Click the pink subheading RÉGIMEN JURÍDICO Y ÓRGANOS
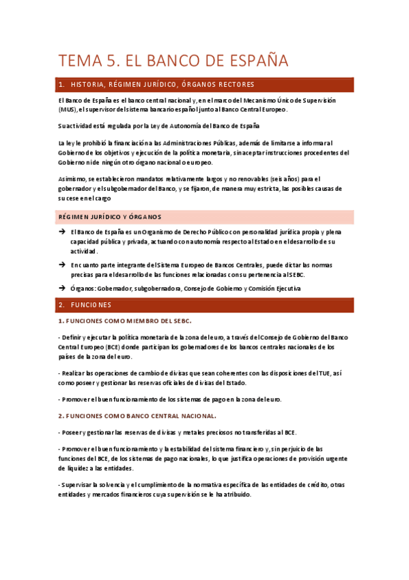click(x=109, y=217)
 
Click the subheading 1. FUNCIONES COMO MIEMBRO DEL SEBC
click(x=124, y=321)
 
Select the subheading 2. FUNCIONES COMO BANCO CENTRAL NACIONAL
click(x=137, y=416)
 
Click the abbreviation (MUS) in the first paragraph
click(x=67, y=109)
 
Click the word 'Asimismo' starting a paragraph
click(x=72, y=179)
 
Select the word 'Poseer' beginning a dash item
click(x=72, y=432)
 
